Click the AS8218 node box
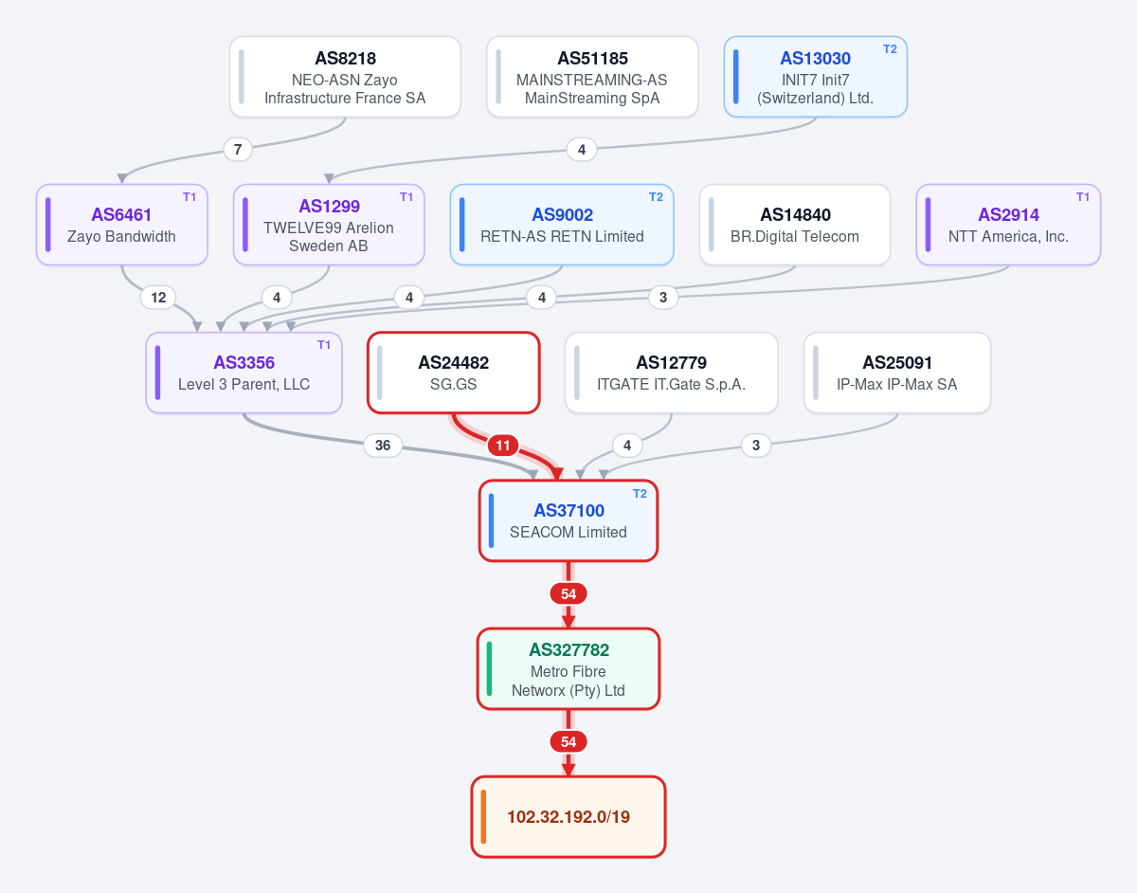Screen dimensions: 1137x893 (x=345, y=77)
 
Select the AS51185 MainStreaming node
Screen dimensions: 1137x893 (x=592, y=77)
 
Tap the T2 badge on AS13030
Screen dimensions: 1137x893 (x=890, y=49)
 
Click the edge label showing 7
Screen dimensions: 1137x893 (x=238, y=150)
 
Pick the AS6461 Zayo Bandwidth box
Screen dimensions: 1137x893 (x=122, y=225)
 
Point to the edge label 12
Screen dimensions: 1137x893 (x=158, y=298)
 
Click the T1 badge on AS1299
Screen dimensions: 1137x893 (x=406, y=197)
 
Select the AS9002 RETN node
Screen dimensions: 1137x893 (x=562, y=225)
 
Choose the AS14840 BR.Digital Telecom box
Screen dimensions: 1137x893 (x=795, y=225)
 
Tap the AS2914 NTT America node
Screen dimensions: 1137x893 (x=1008, y=225)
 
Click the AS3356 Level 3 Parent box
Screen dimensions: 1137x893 (x=244, y=373)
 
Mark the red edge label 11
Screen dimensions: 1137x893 (x=503, y=446)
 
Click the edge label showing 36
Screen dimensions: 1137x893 (x=383, y=446)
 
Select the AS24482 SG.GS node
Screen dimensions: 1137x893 (x=453, y=373)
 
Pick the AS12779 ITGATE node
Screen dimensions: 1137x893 (x=672, y=373)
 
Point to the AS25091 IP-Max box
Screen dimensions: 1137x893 (x=897, y=373)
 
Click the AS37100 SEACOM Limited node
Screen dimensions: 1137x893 (x=568, y=520)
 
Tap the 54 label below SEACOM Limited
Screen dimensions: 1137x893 (x=568, y=594)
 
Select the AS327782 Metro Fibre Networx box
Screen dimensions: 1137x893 (x=568, y=669)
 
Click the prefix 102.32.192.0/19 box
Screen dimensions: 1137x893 (x=568, y=817)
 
